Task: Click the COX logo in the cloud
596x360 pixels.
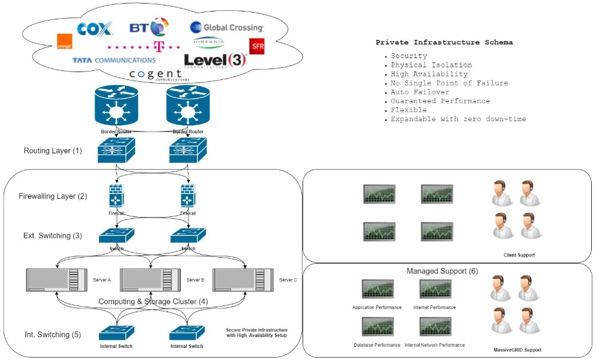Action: (95, 28)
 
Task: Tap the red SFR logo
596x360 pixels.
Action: (256, 46)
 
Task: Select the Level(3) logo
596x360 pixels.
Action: (215, 60)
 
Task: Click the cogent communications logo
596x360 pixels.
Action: (156, 75)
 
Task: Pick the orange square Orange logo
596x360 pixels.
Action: (64, 41)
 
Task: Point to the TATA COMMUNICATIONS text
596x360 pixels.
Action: (113, 60)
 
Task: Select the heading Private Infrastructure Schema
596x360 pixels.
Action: (444, 42)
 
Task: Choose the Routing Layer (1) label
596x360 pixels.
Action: (52, 150)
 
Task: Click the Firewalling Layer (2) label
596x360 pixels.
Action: (53, 196)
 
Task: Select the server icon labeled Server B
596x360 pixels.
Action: (150, 280)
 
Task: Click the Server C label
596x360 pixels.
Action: (288, 280)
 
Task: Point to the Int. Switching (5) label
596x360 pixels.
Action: (52, 334)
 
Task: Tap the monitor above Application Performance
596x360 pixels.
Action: (377, 289)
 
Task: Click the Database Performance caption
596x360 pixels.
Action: (377, 345)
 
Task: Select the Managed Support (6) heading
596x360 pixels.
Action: (442, 271)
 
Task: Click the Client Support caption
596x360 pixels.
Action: (519, 255)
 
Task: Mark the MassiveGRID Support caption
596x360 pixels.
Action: (517, 350)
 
